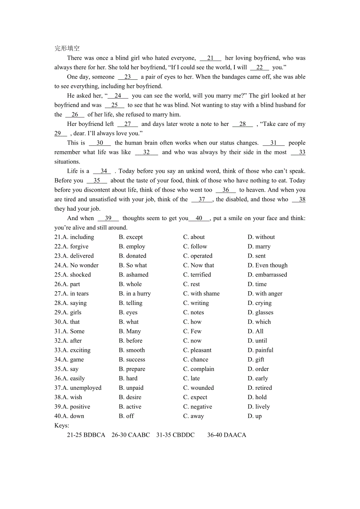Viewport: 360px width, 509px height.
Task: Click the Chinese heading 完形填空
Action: (67, 48)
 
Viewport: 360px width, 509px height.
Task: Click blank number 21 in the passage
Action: (211, 58)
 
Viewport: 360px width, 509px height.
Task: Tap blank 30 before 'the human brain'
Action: (100, 143)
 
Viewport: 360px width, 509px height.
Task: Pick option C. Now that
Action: (198, 265)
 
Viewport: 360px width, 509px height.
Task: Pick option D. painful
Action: (260, 350)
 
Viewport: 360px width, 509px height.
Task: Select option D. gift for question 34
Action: (256, 360)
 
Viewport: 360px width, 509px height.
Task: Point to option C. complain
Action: (198, 369)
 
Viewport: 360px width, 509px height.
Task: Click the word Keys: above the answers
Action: (62, 425)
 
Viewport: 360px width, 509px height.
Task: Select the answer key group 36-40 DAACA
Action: (227, 435)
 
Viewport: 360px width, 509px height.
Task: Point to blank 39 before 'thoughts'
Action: (108, 219)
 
